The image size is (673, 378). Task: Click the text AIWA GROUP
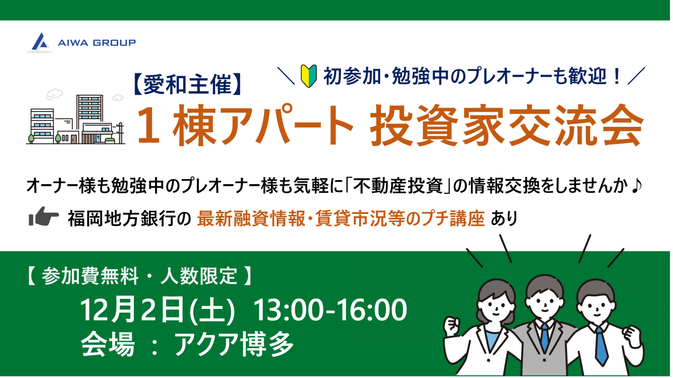[x=97, y=43]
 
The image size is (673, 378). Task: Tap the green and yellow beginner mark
[x=309, y=76]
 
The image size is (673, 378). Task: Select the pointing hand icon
[x=43, y=217]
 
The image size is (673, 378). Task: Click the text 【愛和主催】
[x=188, y=85]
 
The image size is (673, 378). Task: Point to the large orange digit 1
[x=149, y=125]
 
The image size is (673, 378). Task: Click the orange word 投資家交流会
[x=507, y=125]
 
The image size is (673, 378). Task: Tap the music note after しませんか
[x=636, y=185]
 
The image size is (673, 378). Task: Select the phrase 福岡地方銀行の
[x=130, y=219]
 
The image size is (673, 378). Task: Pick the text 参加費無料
[x=90, y=276]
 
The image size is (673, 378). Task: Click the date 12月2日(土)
[x=157, y=310]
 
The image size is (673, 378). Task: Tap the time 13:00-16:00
[x=330, y=310]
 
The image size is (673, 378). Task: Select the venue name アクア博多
[x=234, y=344]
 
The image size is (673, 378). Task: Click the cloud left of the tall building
[x=55, y=94]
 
